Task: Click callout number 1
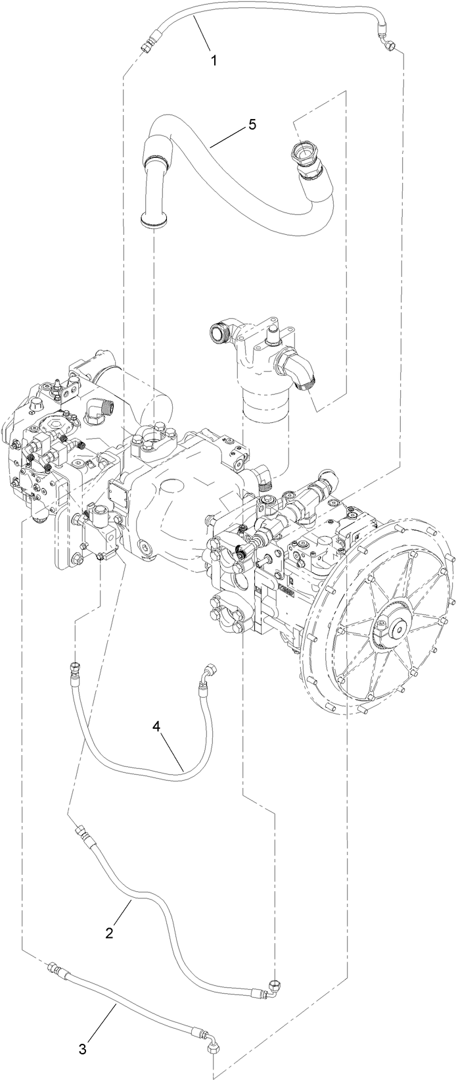pyautogui.click(x=213, y=60)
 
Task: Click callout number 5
pyautogui.click(x=252, y=126)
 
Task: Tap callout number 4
pyautogui.click(x=156, y=726)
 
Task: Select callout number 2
pyautogui.click(x=110, y=932)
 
